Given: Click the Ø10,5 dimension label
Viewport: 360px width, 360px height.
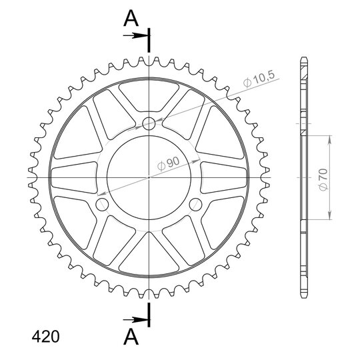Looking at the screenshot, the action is tap(259, 79).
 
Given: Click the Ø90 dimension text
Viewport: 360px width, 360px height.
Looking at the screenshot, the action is tap(169, 164).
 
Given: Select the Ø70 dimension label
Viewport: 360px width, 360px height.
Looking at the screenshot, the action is tap(323, 180).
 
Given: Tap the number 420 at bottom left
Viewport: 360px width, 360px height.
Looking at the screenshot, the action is tap(45, 337).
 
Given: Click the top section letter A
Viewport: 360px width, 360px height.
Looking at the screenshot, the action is tap(131, 19).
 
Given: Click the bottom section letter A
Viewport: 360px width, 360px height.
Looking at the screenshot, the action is tap(131, 337).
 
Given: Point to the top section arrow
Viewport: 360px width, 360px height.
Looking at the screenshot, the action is tap(136, 35).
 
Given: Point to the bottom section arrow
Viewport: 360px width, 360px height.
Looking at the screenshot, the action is tap(136, 319).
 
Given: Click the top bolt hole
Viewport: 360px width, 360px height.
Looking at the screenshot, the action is tap(149, 124).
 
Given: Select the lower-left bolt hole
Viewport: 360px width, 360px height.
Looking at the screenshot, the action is tap(102, 205).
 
